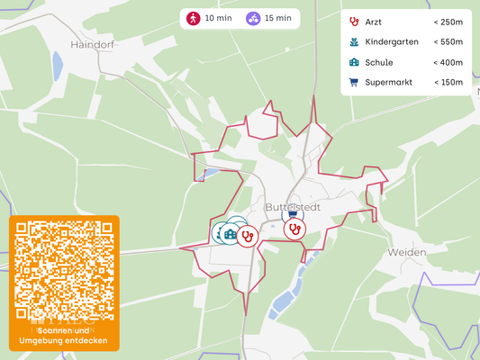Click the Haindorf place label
[93, 43]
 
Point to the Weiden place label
[406, 252]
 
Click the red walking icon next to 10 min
[193, 18]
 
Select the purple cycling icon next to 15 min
[253, 18]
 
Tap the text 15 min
[278, 18]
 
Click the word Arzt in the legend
[374, 21]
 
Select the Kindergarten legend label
[390, 41]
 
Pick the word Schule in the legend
[378, 62]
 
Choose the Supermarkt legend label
[388, 83]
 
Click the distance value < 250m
[448, 21]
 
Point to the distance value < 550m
[448, 41]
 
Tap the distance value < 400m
[448, 62]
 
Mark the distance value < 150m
[448, 83]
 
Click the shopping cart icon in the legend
[354, 83]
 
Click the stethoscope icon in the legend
[354, 21]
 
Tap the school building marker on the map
[231, 235]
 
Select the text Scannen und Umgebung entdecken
[64, 336]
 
